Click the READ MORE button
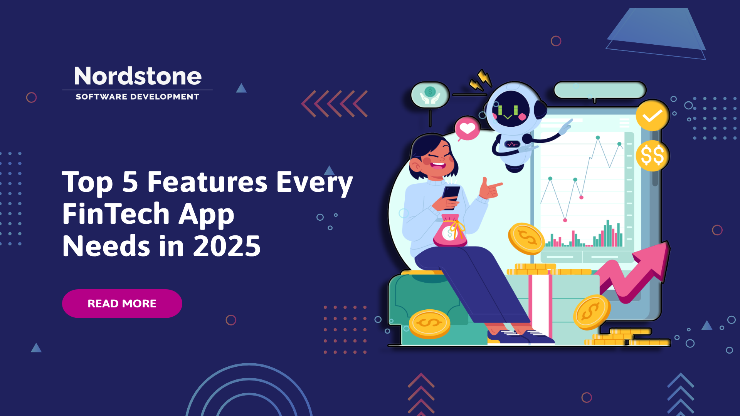pos(122,304)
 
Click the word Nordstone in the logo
pos(138,76)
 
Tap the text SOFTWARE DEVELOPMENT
pos(138,97)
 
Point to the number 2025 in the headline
pos(227,246)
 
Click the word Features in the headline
pos(207,182)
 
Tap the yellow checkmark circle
pos(653,116)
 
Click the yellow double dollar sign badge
pos(653,156)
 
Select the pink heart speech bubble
pos(467,129)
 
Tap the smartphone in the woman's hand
pos(450,196)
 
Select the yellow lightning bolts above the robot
pos(480,80)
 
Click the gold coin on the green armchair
pos(429,324)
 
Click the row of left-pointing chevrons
pos(334,104)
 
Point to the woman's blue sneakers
pos(520,336)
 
